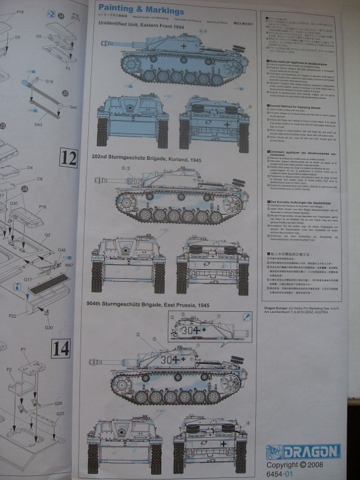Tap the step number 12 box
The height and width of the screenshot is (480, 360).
click(x=69, y=158)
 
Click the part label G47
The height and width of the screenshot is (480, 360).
click(x=73, y=107)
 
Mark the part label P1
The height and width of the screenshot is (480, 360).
click(x=24, y=349)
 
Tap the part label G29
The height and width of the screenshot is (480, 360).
click(x=58, y=404)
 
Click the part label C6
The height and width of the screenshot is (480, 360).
click(x=40, y=178)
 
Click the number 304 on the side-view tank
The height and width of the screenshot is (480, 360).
click(x=169, y=359)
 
